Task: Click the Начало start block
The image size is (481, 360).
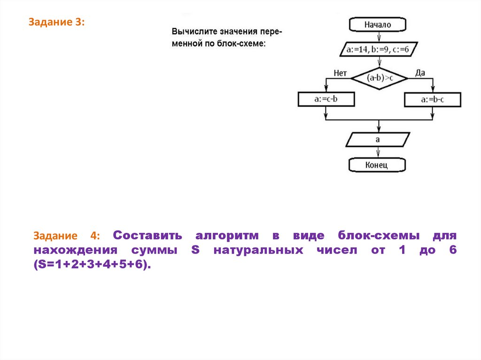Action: (x=378, y=25)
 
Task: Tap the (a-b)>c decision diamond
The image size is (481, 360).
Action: (x=380, y=77)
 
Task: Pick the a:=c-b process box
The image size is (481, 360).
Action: (x=326, y=100)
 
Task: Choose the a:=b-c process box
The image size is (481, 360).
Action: (x=433, y=100)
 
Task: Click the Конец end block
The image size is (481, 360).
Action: (x=378, y=165)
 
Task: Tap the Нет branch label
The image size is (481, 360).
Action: (x=340, y=73)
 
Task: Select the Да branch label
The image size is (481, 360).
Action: (x=420, y=72)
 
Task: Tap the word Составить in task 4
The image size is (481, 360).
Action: (x=147, y=235)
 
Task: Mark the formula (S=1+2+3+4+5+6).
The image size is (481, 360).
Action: (x=93, y=265)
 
